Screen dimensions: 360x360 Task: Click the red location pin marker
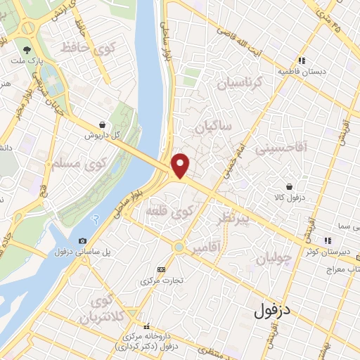click(180, 165)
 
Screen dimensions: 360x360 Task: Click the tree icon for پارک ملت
click(27, 50)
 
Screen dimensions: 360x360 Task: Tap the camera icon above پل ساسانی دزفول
click(84, 241)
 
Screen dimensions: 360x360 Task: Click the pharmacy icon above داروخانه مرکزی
click(147, 326)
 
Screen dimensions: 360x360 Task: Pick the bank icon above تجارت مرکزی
click(162, 269)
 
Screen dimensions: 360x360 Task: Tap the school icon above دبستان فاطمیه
click(302, 60)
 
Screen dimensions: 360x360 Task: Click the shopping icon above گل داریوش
click(103, 124)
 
